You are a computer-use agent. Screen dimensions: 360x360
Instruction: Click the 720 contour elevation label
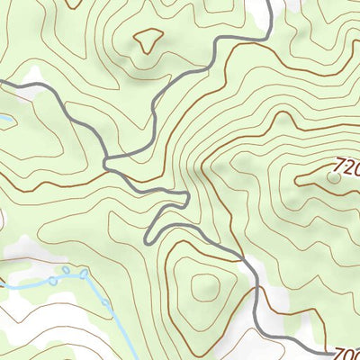346,166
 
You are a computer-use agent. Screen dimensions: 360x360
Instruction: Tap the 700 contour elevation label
346,353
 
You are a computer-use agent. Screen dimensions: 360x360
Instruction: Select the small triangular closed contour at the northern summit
148,39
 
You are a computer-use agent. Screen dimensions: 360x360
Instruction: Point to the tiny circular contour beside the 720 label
334,178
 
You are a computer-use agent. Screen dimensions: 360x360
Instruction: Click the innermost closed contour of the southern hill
205,287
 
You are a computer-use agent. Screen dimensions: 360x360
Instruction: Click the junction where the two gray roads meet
108,162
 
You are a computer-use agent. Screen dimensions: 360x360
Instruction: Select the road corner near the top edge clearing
267,36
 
